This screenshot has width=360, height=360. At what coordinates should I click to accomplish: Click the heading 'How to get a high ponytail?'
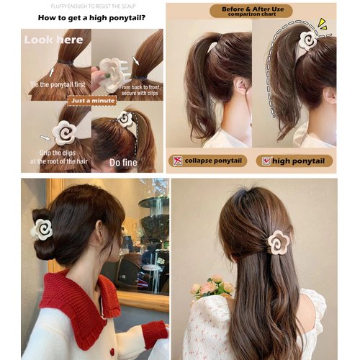pyautogui.click(x=91, y=17)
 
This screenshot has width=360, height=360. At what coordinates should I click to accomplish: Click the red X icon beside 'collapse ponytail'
pyautogui.click(x=177, y=161)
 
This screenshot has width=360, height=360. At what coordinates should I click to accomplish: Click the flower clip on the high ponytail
pyautogui.click(x=309, y=40)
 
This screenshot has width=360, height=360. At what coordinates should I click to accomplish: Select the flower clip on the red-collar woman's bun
pyautogui.click(x=42, y=230)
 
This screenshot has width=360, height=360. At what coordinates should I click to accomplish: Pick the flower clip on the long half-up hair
pyautogui.click(x=278, y=242)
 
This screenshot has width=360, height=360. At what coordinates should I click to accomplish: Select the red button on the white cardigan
pyautogui.click(x=112, y=351)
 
